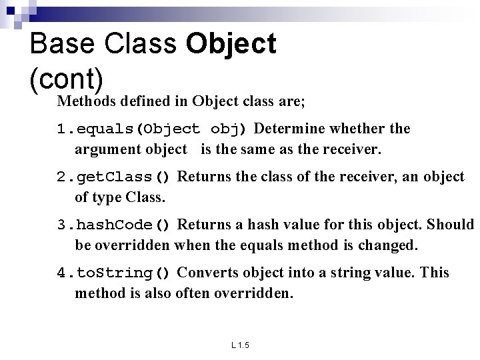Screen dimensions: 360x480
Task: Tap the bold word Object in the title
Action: [x=231, y=44]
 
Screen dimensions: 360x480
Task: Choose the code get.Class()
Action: [x=123, y=177]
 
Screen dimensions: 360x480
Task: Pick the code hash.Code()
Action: [x=123, y=225]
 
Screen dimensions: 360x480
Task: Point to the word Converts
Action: [x=208, y=273]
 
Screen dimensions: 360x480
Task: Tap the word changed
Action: [x=387, y=246]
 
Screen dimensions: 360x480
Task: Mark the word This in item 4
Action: [x=435, y=273]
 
